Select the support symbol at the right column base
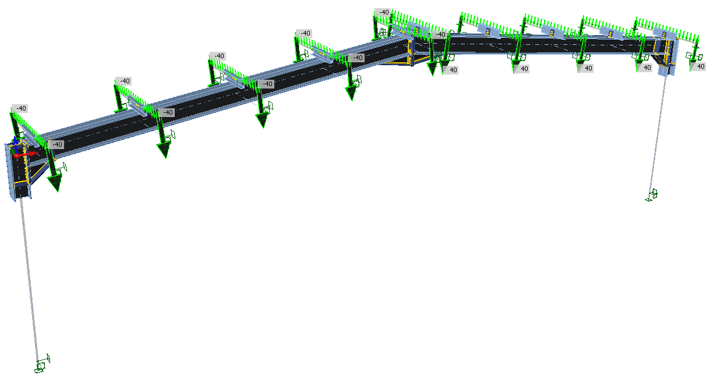(651, 194)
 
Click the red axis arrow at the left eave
(26, 154)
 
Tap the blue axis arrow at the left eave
(15, 142)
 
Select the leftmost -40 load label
(21, 108)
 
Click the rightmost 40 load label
(701, 66)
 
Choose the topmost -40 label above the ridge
(384, 12)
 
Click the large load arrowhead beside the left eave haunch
(55, 183)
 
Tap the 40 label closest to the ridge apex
(453, 70)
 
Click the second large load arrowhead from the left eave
(164, 150)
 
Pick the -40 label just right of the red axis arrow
(57, 144)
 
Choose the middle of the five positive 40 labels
(588, 68)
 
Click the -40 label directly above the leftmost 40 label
(440, 34)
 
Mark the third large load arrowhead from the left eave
(262, 120)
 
